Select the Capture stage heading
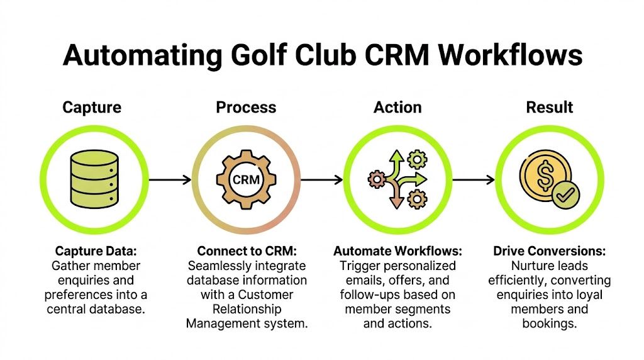tap(92, 107)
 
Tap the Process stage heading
tap(246, 107)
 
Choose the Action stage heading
tap(397, 107)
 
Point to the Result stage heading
tap(549, 107)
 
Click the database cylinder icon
tap(93, 179)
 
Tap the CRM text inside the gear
tap(246, 180)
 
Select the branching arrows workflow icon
tap(397, 179)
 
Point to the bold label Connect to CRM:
tap(246, 251)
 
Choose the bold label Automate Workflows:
tap(397, 251)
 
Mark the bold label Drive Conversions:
tap(549, 251)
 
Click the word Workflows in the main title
tap(510, 55)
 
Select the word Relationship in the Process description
tap(246, 309)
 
